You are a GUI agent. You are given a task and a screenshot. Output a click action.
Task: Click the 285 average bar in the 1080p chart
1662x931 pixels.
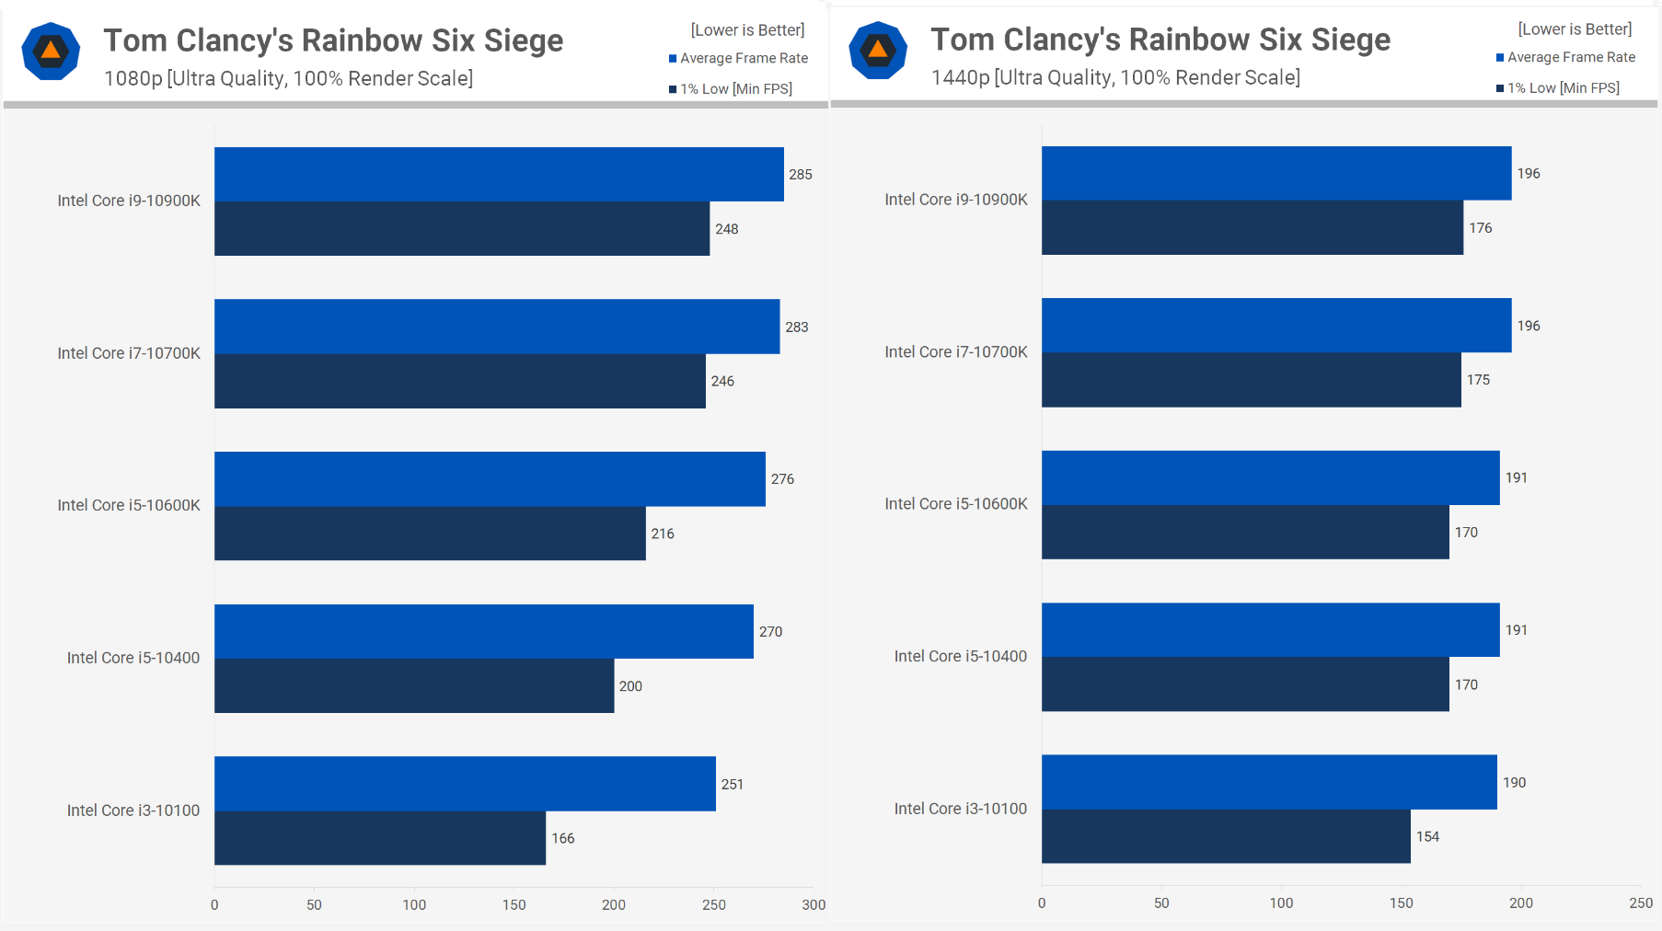[x=499, y=174]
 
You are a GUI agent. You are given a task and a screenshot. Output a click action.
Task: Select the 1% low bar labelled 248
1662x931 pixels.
[x=462, y=228]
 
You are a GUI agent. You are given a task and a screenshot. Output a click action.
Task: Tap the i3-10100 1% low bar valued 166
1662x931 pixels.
[x=380, y=838]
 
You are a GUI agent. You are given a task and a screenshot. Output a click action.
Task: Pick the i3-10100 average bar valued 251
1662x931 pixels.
[x=465, y=784]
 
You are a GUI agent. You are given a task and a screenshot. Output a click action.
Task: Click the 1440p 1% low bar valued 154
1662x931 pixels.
[x=1226, y=836]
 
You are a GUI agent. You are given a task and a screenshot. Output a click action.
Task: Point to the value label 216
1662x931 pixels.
[x=663, y=534]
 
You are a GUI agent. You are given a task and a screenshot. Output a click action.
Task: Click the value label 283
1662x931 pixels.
[x=796, y=328]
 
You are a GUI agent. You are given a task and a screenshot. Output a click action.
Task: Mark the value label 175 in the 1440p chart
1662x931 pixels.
[x=1478, y=380]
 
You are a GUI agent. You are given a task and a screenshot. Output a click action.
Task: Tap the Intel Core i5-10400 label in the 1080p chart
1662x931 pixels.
[x=133, y=658]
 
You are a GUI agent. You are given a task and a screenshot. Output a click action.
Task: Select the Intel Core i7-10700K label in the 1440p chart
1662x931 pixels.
[x=956, y=352]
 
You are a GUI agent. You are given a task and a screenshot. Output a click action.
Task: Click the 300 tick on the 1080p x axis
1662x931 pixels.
[x=814, y=905]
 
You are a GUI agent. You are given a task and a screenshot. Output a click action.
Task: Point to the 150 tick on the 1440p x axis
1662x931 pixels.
[x=1401, y=903]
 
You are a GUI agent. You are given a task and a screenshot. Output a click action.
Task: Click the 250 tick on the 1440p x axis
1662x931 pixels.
[x=1641, y=903]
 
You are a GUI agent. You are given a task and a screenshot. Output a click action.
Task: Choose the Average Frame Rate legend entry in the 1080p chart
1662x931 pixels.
[x=739, y=58]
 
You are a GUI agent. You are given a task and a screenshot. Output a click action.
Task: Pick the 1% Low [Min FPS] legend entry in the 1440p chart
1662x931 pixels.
[x=1558, y=88]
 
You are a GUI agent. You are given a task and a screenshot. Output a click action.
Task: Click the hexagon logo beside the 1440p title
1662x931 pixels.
[x=878, y=51]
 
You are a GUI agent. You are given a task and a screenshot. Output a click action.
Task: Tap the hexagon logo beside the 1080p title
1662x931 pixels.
[x=51, y=52]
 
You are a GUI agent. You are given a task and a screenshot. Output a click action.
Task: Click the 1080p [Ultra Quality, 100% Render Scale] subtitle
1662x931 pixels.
[x=288, y=79]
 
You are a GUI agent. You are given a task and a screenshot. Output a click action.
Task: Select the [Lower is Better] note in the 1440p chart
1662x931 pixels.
[x=1575, y=29]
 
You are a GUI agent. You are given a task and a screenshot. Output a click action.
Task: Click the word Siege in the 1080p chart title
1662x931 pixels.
[x=524, y=40]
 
